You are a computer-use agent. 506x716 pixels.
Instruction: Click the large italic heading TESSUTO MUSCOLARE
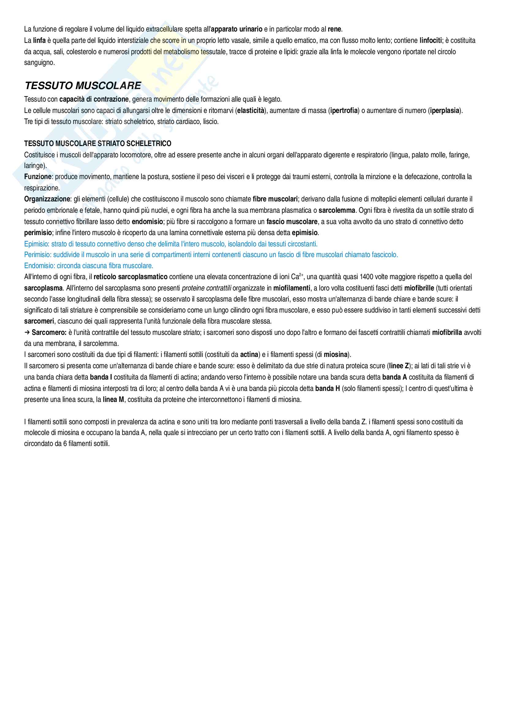[83, 85]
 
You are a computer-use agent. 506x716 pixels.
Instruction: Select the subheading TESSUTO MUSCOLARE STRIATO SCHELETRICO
[98, 144]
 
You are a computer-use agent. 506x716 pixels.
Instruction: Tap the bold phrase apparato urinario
[237, 29]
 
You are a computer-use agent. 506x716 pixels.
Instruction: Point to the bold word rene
[335, 29]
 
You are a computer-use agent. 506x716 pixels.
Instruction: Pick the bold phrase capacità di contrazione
[94, 99]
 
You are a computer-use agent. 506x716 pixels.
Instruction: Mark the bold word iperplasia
[444, 111]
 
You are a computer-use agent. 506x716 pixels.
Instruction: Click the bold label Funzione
[38, 177]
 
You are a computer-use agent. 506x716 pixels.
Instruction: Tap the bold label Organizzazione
[47, 199]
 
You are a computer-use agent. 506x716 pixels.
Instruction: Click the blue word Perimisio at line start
[37, 255]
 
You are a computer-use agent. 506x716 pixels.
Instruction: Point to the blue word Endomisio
[39, 266]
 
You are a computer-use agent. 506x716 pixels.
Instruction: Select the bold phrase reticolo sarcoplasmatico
[130, 277]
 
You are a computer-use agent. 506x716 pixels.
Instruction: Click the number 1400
[366, 277]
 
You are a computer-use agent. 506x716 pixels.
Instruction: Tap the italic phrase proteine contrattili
[206, 288]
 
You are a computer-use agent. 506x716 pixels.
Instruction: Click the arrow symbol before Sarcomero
[27, 332]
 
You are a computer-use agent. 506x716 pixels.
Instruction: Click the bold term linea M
[114, 399]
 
